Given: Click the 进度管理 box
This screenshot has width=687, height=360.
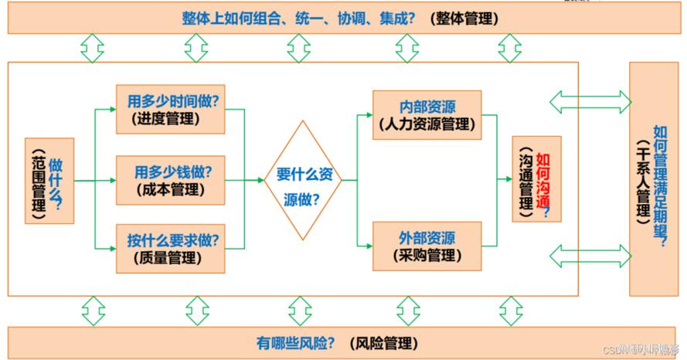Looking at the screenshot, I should point(170,109).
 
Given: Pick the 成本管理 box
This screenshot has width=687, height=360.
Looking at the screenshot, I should point(170,180).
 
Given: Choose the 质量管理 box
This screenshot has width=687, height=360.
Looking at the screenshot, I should point(170,248).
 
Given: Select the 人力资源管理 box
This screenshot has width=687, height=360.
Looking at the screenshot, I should point(427,114).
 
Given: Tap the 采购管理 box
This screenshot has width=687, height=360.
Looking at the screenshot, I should point(427,246).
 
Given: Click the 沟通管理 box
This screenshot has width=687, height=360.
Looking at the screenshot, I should point(536,180).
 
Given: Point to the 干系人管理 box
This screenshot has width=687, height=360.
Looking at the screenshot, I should point(654,179).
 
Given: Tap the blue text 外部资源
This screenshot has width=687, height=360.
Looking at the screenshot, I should point(427,237).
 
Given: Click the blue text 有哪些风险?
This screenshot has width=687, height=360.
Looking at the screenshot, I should point(298,342).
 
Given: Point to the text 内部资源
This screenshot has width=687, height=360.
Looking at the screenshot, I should point(427,106).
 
